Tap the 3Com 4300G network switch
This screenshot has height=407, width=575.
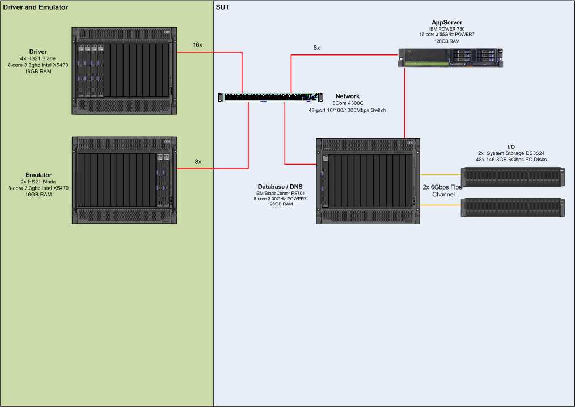pos(271,97)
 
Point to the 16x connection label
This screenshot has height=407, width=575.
pos(197,44)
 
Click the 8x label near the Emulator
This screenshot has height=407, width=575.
pos(198,162)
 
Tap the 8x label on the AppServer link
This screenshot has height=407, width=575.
pos(316,48)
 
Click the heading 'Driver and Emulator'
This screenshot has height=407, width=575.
pos(36,7)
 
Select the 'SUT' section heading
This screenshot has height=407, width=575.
pos(222,7)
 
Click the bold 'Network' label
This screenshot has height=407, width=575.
pos(347,96)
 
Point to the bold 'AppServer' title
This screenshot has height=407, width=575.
pos(447,23)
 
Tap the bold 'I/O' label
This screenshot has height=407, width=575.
pos(511,147)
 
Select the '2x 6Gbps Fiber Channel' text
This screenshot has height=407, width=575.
pos(443,190)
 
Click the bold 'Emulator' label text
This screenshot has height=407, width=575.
pos(39,175)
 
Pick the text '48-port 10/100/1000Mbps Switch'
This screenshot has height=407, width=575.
pos(347,110)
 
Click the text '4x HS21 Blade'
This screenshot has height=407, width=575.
pos(39,58)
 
